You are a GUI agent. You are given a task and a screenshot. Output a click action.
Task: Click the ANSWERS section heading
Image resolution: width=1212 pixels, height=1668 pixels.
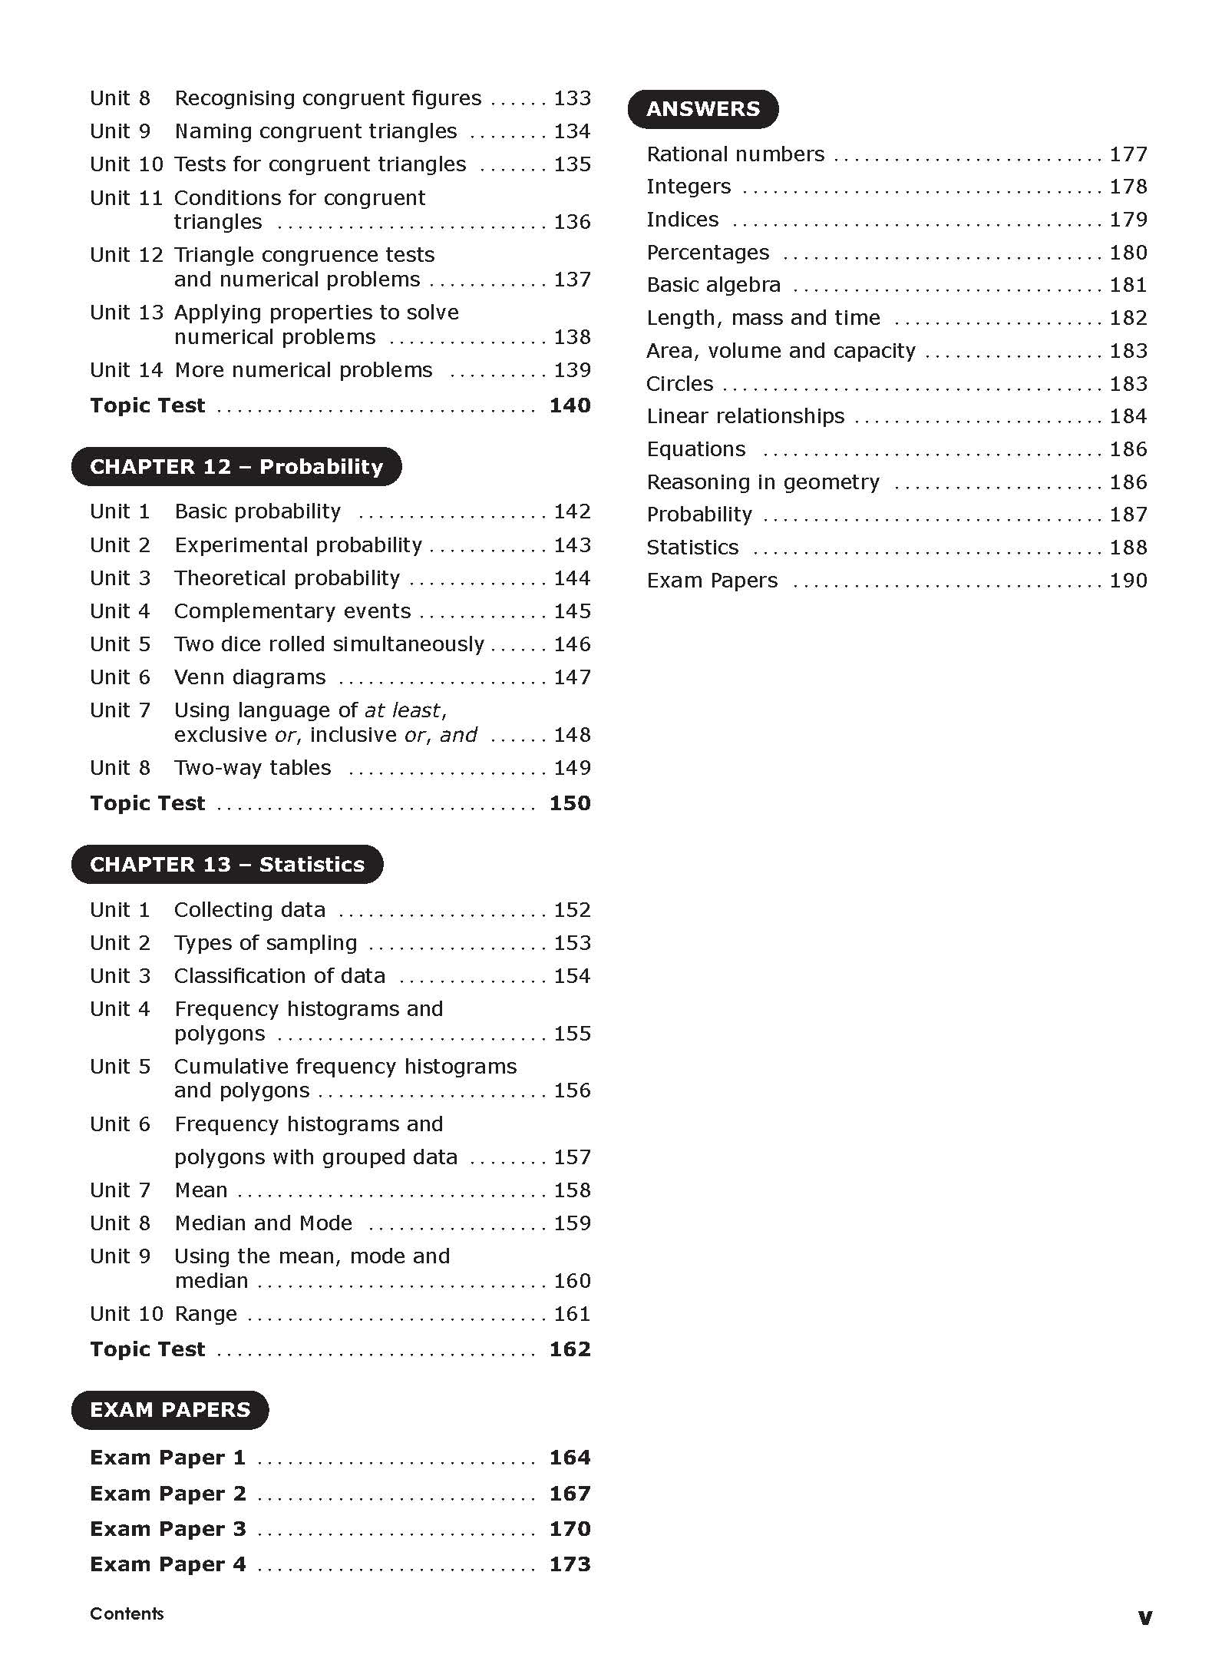click(702, 109)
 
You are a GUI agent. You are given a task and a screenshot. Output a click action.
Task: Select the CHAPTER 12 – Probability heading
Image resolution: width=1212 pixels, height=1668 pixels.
click(236, 467)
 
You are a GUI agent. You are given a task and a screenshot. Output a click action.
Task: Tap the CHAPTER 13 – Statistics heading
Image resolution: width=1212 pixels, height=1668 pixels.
click(226, 865)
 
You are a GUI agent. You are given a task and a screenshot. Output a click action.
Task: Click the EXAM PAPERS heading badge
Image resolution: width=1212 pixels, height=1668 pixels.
click(170, 1410)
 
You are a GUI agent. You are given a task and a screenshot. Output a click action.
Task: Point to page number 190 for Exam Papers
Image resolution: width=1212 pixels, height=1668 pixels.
click(1128, 581)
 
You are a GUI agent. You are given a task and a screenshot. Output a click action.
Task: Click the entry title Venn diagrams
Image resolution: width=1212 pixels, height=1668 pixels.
click(249, 677)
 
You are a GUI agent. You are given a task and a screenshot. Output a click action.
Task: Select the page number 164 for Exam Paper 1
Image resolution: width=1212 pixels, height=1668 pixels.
click(570, 1458)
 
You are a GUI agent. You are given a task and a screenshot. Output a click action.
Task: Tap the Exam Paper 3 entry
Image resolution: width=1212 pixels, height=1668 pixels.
click(167, 1529)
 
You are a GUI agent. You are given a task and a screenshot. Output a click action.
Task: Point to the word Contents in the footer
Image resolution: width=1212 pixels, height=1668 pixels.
click(127, 1613)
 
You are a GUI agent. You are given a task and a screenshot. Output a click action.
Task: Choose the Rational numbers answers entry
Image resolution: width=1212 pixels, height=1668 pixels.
click(735, 154)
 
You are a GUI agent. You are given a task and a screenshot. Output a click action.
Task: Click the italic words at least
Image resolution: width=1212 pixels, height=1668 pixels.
click(402, 710)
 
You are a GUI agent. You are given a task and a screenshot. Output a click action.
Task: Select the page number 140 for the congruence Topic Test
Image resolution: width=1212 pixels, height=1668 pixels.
click(570, 405)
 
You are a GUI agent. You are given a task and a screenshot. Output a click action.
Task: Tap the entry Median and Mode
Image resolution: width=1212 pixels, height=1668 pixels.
click(263, 1223)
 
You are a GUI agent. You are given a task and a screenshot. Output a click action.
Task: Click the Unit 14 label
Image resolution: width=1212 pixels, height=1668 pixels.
click(126, 370)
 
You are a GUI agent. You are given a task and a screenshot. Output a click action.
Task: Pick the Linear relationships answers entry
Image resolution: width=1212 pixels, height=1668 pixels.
click(745, 416)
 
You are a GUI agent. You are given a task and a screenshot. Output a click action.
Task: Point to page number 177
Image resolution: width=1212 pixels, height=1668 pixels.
click(1128, 154)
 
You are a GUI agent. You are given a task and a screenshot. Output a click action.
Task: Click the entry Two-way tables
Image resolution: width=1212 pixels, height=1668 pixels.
click(252, 768)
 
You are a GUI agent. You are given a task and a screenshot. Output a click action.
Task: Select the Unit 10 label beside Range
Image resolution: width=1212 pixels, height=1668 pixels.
click(126, 1314)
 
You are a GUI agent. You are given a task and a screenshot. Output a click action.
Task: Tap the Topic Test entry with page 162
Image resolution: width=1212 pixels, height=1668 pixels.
click(147, 1349)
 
